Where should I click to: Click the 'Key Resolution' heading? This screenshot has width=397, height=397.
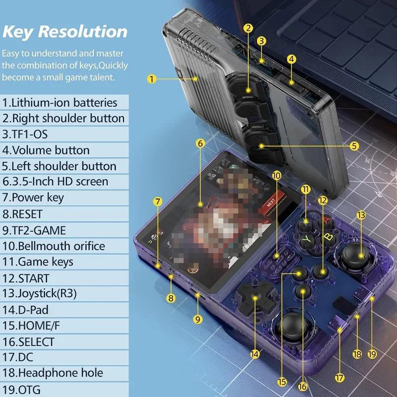pyautogui.click(x=65, y=31)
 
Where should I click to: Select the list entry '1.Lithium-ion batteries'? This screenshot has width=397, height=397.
pyautogui.click(x=60, y=103)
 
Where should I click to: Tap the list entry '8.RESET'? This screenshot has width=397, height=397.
pyautogui.click(x=23, y=214)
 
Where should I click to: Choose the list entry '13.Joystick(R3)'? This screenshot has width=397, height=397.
pyautogui.click(x=39, y=294)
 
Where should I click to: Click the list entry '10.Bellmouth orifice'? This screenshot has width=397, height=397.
pyautogui.click(x=54, y=246)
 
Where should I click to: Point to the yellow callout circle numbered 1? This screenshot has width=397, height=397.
pyautogui.click(x=152, y=78)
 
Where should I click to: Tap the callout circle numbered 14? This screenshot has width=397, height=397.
pyautogui.click(x=255, y=354)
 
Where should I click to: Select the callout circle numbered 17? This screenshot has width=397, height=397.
pyautogui.click(x=339, y=378)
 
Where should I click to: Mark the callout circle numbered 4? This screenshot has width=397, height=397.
pyautogui.click(x=292, y=59)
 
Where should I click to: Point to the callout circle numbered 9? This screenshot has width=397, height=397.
pyautogui.click(x=198, y=320)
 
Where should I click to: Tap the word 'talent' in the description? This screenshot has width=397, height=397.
pyautogui.click(x=102, y=77)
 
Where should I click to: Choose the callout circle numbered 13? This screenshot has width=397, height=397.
pyautogui.click(x=361, y=215)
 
